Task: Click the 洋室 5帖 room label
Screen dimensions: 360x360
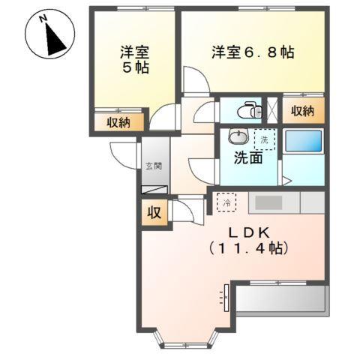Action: [x=136, y=60]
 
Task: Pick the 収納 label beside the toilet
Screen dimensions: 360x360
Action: [x=303, y=111]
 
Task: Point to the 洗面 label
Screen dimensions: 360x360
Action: [x=247, y=158]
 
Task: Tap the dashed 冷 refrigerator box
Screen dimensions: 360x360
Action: [x=226, y=201]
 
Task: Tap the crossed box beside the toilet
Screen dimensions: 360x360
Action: [x=273, y=110]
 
